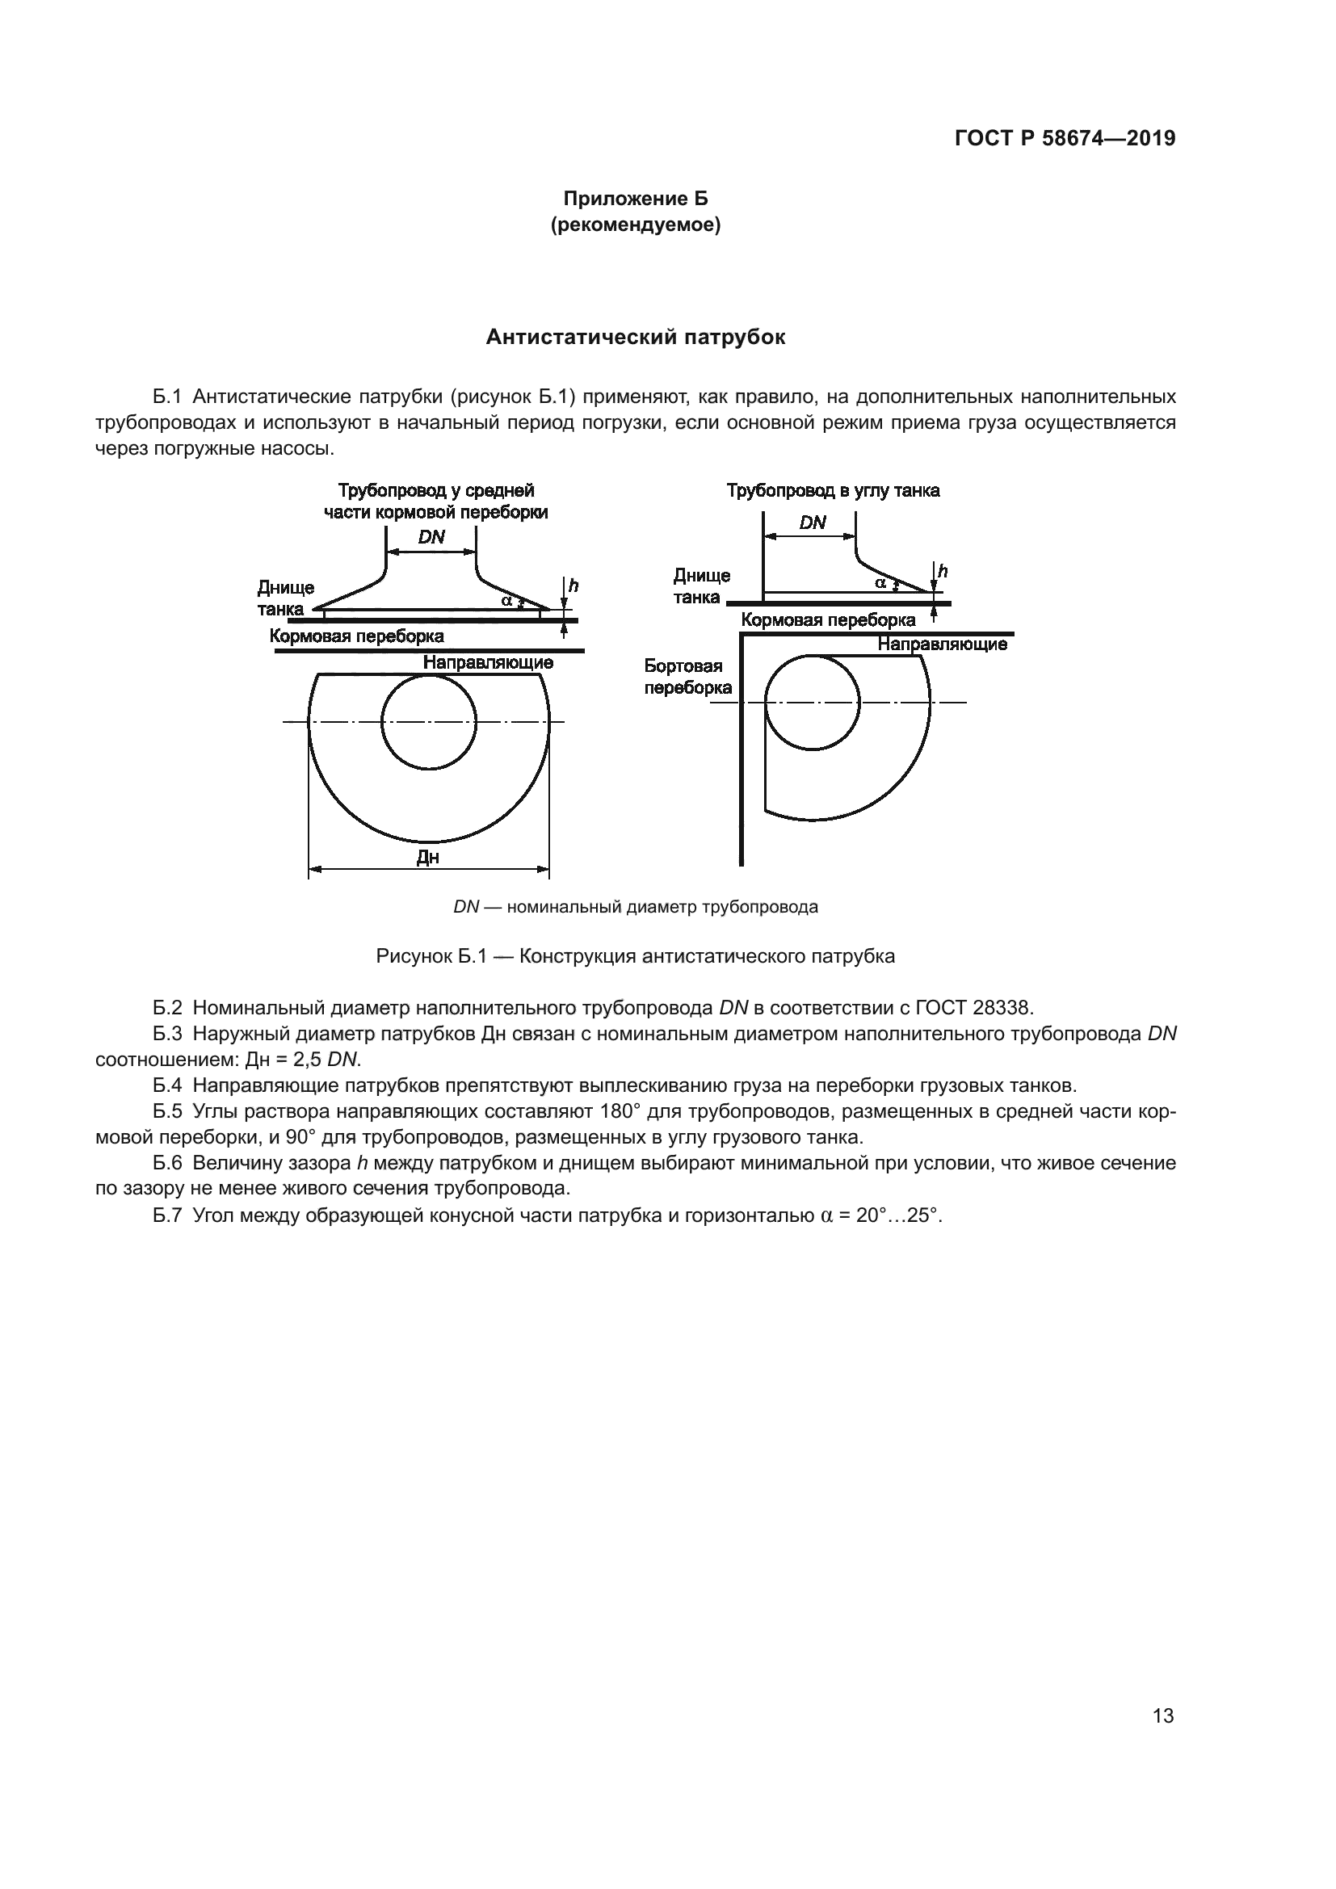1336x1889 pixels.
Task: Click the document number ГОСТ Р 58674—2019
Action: coord(1065,138)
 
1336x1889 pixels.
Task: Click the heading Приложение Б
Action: coord(635,199)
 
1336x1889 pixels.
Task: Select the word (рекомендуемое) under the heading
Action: coord(635,225)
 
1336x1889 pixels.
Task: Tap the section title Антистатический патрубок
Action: coord(635,337)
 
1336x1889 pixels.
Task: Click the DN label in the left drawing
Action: coord(431,537)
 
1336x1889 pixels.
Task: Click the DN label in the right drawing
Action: coord(812,523)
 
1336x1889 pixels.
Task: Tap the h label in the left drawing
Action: coord(573,586)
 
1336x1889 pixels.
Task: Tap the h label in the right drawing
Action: coord(943,571)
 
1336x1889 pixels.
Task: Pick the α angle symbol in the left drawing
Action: coord(506,601)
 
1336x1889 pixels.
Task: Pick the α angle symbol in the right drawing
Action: coord(880,582)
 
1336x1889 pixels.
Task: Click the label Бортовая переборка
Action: coord(687,676)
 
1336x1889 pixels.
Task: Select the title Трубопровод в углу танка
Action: coord(833,491)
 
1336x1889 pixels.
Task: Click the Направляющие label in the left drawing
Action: coord(488,662)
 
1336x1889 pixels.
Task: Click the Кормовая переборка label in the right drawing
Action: coord(828,619)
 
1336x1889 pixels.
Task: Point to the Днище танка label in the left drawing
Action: coord(285,598)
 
